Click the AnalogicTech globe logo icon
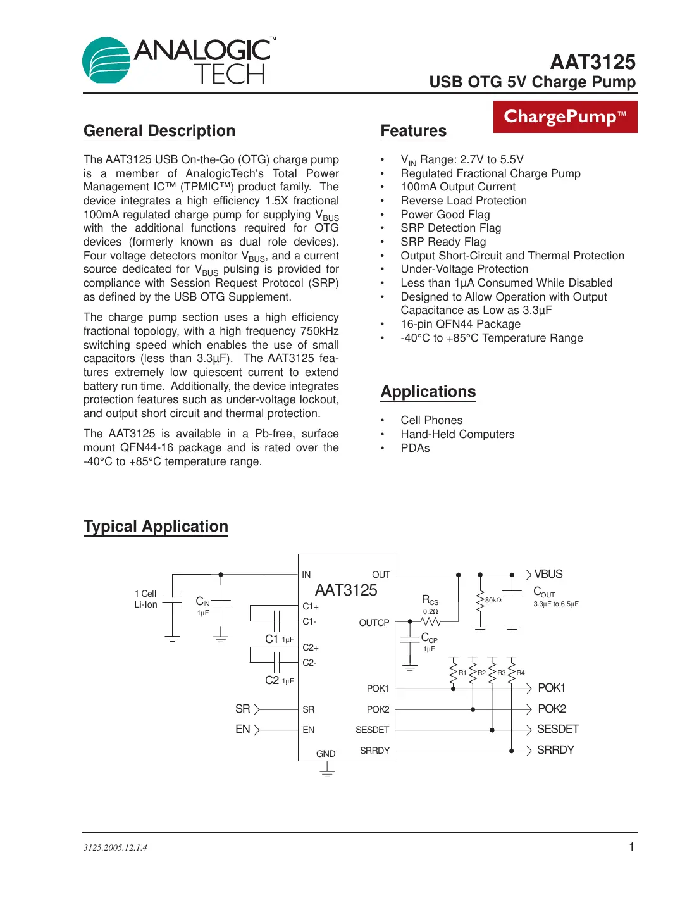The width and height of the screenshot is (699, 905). [x=106, y=60]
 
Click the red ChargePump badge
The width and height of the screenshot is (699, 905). [x=565, y=117]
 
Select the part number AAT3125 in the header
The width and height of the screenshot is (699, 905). [x=593, y=62]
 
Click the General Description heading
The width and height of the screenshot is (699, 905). [x=159, y=131]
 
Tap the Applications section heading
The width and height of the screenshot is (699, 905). [x=428, y=392]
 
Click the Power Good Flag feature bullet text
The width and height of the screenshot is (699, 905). [x=445, y=215]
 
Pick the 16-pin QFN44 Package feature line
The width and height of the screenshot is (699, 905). [x=461, y=324]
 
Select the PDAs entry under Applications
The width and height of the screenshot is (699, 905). [x=415, y=448]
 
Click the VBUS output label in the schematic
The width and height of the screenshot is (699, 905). [x=548, y=574]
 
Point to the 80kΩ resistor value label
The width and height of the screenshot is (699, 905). [x=493, y=600]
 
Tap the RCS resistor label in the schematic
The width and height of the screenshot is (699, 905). [x=430, y=600]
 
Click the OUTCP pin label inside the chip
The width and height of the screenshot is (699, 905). [x=374, y=623]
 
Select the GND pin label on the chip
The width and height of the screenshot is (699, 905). [x=326, y=754]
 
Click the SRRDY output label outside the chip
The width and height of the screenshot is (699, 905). [x=555, y=750]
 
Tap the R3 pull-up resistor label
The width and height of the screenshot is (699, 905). [x=501, y=673]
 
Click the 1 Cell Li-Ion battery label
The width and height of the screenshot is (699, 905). [x=145, y=599]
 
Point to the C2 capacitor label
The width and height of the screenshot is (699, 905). [x=272, y=680]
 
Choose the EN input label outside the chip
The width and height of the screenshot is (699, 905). [x=243, y=729]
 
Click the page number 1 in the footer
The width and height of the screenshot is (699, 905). [x=631, y=847]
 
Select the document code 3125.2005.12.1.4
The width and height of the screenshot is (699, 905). [x=115, y=847]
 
